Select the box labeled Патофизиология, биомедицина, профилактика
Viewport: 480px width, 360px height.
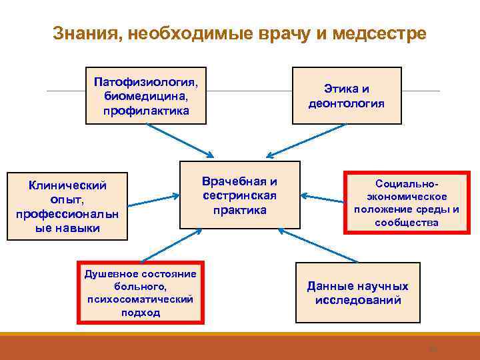pos(146,95)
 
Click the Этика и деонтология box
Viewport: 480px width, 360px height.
pos(347,95)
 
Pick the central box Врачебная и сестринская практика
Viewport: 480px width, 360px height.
pos(240,196)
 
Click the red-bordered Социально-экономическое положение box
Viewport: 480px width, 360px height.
pos(406,202)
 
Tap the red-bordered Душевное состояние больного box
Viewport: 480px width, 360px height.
pos(141,293)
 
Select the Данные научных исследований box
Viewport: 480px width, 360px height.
pos(357,293)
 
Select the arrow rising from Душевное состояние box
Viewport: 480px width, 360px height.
pos(163,245)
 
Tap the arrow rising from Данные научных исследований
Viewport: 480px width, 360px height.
pos(317,245)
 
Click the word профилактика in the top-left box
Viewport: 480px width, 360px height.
pos(146,110)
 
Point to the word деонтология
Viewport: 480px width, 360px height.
pos(347,103)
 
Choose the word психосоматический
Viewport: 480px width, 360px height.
pos(141,299)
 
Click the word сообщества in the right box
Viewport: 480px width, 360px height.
pos(406,222)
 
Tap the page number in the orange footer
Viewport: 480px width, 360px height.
pos(430,347)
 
